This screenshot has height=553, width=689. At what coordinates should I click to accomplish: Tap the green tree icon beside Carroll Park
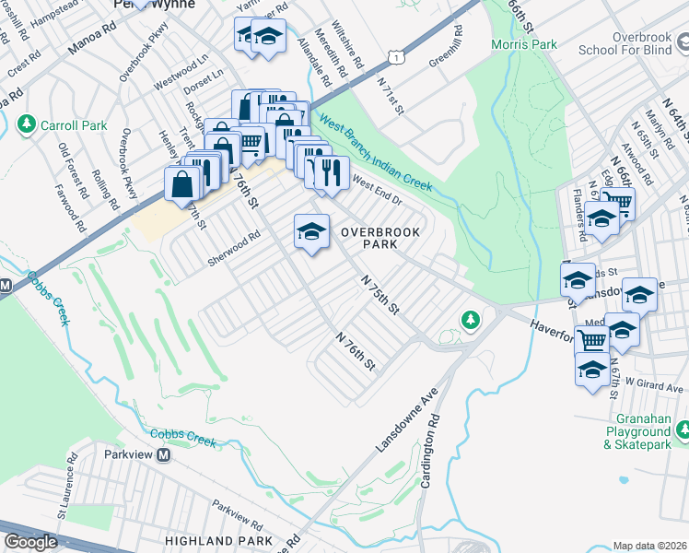(27, 124)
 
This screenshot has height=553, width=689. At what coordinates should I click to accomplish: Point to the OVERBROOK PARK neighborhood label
(381, 238)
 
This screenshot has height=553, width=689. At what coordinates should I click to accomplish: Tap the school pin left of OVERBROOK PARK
(311, 231)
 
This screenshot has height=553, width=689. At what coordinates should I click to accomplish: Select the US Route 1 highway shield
(395, 57)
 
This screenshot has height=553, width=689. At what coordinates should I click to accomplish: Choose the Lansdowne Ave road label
(405, 420)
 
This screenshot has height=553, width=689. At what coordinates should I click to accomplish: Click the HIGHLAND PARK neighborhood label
(218, 540)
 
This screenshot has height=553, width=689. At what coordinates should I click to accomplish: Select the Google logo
(30, 542)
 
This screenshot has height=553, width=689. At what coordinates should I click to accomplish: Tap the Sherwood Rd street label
(235, 250)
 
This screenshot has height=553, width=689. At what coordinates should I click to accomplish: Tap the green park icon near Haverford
(471, 319)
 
